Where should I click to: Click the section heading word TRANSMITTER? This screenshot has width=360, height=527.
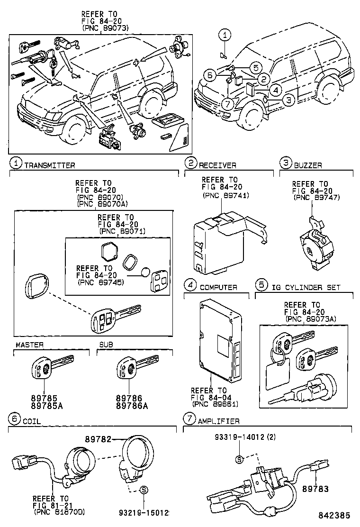[x=49, y=165]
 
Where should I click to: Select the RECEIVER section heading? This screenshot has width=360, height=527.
[x=217, y=165]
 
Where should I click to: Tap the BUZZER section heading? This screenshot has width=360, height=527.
[x=308, y=165]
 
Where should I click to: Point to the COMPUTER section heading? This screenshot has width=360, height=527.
[x=218, y=287]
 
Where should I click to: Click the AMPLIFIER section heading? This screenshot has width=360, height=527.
[x=218, y=421]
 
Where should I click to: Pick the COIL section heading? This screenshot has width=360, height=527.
[x=32, y=421]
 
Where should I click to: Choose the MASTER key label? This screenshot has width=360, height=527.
[x=29, y=345]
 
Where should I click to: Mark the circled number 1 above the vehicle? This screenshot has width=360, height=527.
[x=225, y=34]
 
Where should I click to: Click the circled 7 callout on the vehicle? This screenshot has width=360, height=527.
[x=227, y=103]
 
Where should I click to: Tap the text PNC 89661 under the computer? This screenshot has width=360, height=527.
[x=215, y=404]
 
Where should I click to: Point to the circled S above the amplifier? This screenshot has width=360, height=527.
[x=239, y=459]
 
